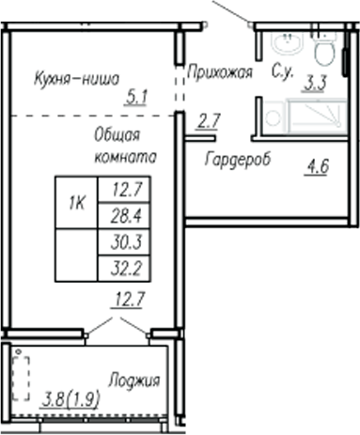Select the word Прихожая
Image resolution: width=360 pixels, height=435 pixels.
218,71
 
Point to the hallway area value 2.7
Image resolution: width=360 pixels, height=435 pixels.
209,119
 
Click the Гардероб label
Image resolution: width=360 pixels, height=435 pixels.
238,160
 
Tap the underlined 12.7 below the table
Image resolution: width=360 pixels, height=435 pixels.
124,302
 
